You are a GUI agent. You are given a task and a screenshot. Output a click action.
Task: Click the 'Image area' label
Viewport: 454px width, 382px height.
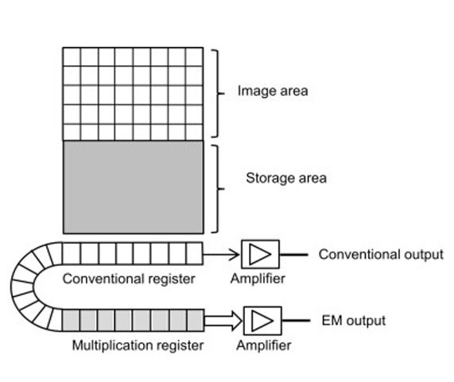pyautogui.click(x=272, y=91)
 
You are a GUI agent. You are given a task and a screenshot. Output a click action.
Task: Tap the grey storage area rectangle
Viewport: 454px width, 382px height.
pyautogui.click(x=133, y=187)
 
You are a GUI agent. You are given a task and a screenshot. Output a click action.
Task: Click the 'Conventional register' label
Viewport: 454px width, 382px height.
pyautogui.click(x=128, y=279)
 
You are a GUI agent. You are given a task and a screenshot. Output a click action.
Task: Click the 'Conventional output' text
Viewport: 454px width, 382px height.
pyautogui.click(x=380, y=255)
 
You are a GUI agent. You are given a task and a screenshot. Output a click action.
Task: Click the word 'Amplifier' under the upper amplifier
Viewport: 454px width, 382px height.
pyautogui.click(x=258, y=279)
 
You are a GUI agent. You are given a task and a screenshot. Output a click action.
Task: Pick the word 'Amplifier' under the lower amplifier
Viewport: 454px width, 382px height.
pyautogui.click(x=263, y=345)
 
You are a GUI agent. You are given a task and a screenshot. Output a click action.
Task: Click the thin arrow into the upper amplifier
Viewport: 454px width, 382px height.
pyautogui.click(x=224, y=254)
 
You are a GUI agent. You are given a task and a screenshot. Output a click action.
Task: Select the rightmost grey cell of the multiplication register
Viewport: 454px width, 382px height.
pyautogui.click(x=196, y=321)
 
